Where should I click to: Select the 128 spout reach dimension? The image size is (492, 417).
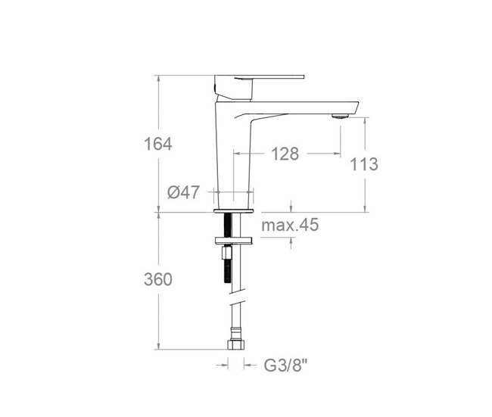[285, 154]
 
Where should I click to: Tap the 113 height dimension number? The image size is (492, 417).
[365, 164]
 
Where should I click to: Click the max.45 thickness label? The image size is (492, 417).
[290, 225]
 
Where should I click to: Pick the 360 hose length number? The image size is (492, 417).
[158, 279]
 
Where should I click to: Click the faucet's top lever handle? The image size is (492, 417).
[260, 77]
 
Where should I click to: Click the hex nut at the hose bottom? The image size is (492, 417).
[235, 345]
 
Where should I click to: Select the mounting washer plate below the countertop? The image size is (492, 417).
[235, 242]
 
